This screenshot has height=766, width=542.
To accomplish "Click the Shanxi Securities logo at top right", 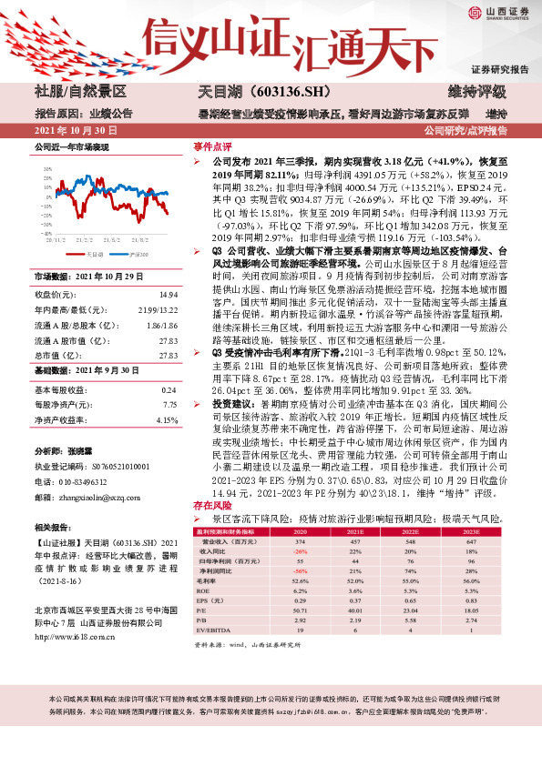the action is click(x=496, y=13).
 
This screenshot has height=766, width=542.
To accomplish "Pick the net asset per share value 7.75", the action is click(x=169, y=404).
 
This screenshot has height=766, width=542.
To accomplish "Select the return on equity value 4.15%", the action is click(x=166, y=420).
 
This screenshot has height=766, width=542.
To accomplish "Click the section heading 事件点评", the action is click(x=211, y=146).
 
